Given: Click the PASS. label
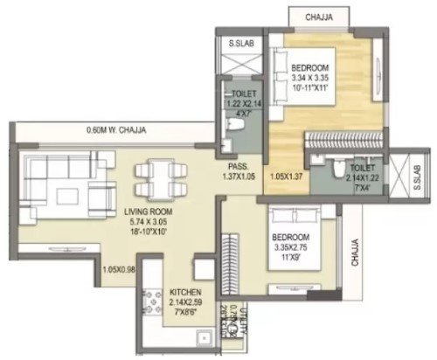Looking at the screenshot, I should coord(239,166).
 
